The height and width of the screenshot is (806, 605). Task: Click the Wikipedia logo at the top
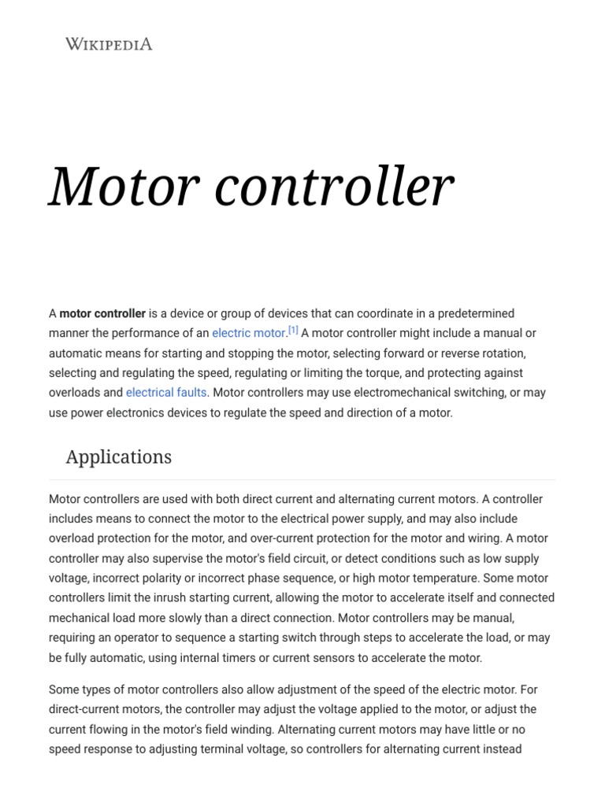pyautogui.click(x=109, y=44)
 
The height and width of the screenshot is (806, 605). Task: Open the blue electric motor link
pyautogui.click(x=247, y=334)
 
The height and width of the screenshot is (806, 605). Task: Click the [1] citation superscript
pyautogui.click(x=293, y=331)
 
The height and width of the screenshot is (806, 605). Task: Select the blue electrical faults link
pyautogui.click(x=166, y=393)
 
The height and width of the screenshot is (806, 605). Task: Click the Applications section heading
pyautogui.click(x=118, y=457)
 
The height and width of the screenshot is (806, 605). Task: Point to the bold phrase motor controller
pyautogui.click(x=102, y=314)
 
